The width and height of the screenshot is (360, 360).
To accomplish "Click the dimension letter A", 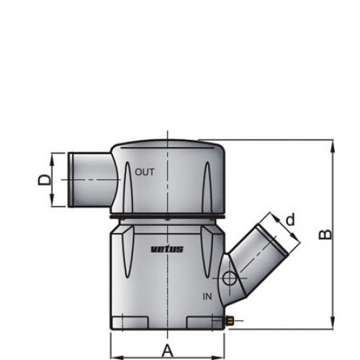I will tap(168, 351).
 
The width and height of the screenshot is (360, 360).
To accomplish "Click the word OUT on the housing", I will tap(145, 172).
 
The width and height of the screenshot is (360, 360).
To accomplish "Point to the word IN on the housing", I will tap(207, 295).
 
